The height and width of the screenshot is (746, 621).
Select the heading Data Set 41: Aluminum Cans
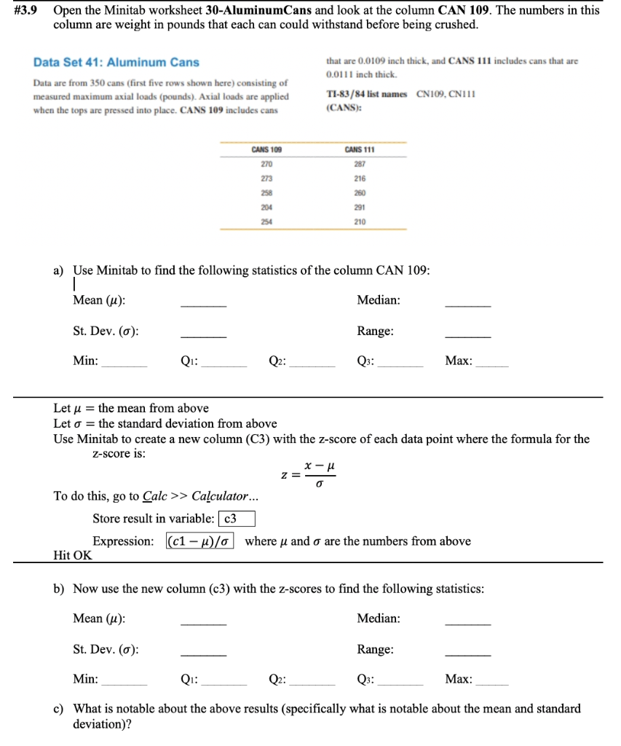point(116,63)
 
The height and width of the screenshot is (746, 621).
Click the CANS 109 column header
point(266,149)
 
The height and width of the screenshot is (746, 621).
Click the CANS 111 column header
point(360,149)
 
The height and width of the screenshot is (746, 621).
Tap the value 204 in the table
point(266,207)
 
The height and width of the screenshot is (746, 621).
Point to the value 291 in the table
point(360,207)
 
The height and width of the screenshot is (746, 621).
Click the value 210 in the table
point(360,221)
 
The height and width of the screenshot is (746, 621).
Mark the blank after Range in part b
point(467,653)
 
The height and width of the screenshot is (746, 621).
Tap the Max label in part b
point(459,680)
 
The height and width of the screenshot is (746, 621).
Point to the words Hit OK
point(73,555)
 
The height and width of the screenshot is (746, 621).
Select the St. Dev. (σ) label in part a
point(106,331)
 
